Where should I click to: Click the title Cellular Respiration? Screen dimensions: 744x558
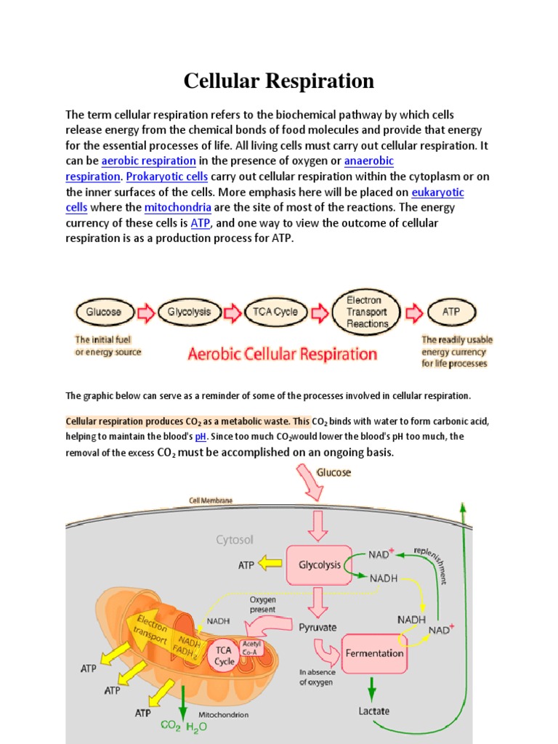(278, 81)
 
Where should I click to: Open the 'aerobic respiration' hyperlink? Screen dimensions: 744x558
(148, 161)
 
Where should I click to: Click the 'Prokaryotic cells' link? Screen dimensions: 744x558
(167, 177)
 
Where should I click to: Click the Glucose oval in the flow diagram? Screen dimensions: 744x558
(104, 312)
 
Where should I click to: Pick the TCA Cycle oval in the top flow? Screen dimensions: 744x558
(275, 312)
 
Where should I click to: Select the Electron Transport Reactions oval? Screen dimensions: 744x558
(368, 312)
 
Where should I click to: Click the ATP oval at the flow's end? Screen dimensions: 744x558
(451, 312)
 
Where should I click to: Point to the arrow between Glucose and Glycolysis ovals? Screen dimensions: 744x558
(146, 312)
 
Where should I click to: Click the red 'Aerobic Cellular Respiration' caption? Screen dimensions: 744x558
(283, 355)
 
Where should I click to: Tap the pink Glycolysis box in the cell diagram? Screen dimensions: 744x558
(320, 565)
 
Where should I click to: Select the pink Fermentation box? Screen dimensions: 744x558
(373, 653)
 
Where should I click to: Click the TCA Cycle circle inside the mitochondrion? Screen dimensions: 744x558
(224, 656)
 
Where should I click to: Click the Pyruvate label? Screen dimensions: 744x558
(318, 627)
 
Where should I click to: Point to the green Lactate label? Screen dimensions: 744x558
(374, 711)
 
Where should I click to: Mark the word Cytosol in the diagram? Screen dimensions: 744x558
(234, 540)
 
